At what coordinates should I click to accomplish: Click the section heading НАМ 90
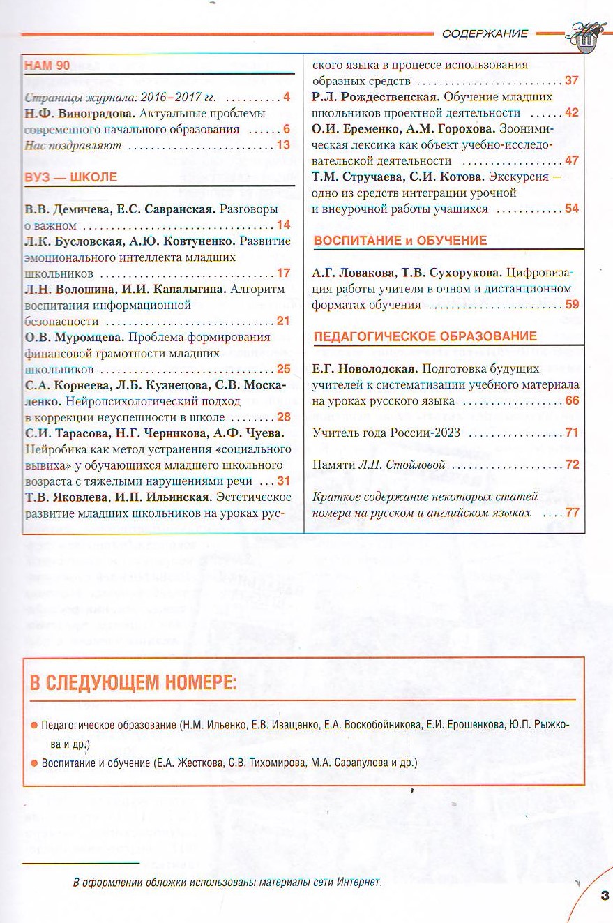47,66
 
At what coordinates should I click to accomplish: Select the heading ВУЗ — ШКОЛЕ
70,177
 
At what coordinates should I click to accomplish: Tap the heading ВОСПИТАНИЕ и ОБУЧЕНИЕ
400,241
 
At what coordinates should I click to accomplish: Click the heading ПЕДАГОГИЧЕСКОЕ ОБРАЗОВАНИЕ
425,336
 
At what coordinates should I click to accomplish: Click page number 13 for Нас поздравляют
282,145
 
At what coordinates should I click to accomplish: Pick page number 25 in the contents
282,369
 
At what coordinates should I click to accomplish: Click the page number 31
282,481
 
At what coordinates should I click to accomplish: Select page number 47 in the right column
572,160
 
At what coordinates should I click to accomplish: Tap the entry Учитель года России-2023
386,433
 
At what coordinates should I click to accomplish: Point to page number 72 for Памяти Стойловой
572,465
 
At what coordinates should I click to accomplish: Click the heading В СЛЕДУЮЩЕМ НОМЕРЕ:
133,682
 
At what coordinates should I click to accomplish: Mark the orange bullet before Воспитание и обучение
33,763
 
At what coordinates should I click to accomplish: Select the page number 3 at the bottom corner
604,895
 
